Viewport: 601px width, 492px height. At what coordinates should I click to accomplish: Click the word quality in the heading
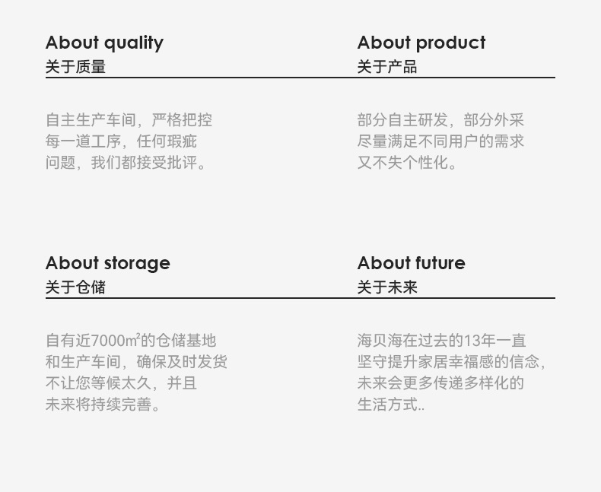point(134,43)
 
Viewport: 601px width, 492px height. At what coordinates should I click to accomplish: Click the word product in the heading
point(450,43)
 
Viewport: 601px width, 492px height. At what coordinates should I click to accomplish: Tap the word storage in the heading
point(137,264)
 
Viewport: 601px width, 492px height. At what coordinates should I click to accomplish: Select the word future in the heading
point(440,263)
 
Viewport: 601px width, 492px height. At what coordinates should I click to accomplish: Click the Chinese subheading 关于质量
point(75,67)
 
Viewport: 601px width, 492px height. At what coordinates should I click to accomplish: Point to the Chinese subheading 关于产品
point(387,67)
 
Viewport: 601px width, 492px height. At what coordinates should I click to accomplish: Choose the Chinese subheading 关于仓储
point(75,287)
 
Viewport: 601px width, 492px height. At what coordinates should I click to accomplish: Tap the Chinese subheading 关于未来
point(387,287)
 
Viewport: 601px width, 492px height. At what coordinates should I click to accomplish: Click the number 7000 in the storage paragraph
point(107,341)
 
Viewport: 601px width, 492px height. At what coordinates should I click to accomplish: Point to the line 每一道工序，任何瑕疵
point(121,141)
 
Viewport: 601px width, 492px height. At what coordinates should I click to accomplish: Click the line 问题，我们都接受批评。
point(126,163)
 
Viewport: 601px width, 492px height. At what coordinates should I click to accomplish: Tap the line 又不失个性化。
point(407,163)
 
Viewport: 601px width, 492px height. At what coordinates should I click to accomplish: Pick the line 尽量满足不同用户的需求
point(440,141)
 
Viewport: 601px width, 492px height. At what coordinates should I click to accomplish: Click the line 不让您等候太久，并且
point(121,382)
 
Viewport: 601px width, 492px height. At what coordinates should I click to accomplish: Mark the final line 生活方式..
point(391,405)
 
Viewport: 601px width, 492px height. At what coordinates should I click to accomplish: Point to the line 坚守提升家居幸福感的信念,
point(451,362)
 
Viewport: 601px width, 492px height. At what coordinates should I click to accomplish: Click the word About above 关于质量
point(72,42)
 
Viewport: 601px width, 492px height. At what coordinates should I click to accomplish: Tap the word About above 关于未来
point(384,263)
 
